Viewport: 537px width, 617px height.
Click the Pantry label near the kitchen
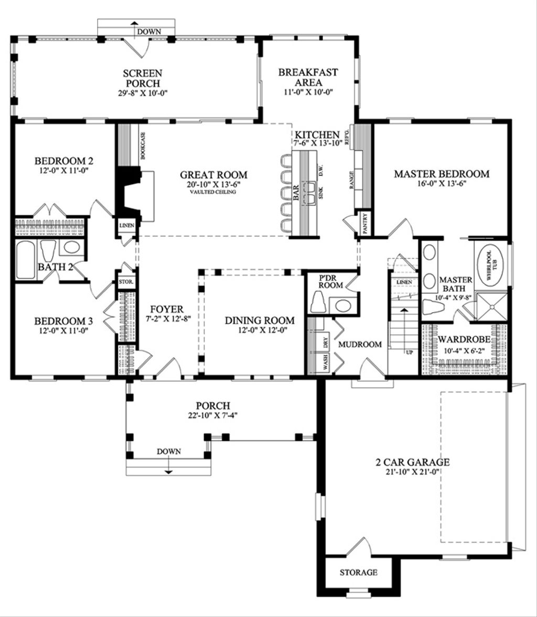pyautogui.click(x=365, y=223)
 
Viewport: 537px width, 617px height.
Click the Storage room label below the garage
pyautogui.click(x=358, y=572)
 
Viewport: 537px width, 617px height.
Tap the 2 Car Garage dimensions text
pyautogui.click(x=412, y=471)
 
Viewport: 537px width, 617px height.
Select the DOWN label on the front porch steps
pyautogui.click(x=168, y=451)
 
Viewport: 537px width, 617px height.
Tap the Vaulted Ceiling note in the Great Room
pyautogui.click(x=213, y=192)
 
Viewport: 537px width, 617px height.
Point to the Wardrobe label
pyautogui.click(x=465, y=339)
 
